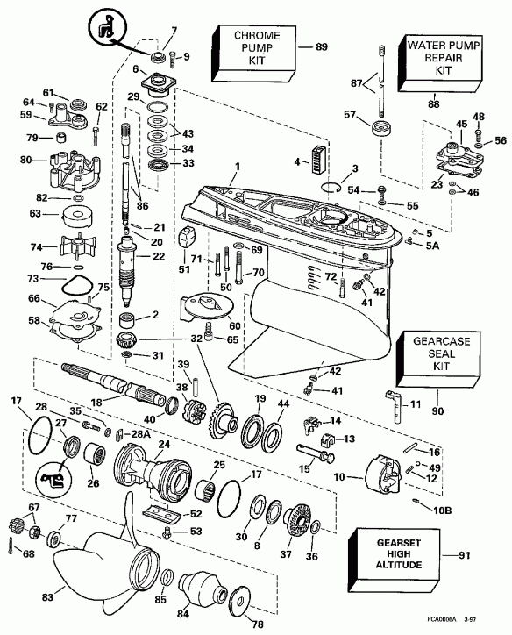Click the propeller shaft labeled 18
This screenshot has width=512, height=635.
(105, 382)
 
